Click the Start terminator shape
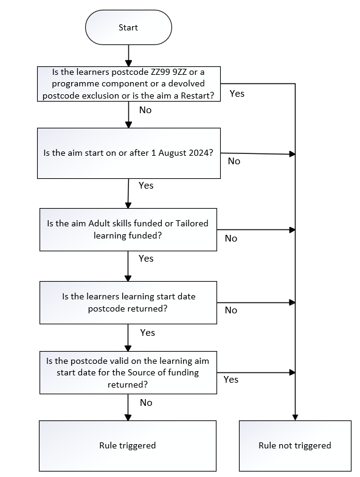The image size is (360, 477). coord(128,27)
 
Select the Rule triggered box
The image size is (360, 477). coord(128,445)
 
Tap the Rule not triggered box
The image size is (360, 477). coord(295,445)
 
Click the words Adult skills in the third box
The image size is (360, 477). coord(110,223)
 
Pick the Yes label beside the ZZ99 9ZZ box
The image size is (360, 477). coord(237,94)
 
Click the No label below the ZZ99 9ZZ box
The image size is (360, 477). coord(145,110)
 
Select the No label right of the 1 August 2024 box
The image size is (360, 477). coord(234,161)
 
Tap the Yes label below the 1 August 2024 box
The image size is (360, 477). coord(146,185)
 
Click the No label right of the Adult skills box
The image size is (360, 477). coord(231,238)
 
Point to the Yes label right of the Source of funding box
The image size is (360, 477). coord(231,380)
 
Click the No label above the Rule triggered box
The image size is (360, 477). coord(146,403)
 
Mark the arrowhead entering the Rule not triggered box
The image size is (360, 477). coord(295,417)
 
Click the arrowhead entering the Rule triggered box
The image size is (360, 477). coord(128,417)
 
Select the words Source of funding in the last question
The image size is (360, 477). coord(163,372)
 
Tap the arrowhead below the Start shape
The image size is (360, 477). coord(129,63)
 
